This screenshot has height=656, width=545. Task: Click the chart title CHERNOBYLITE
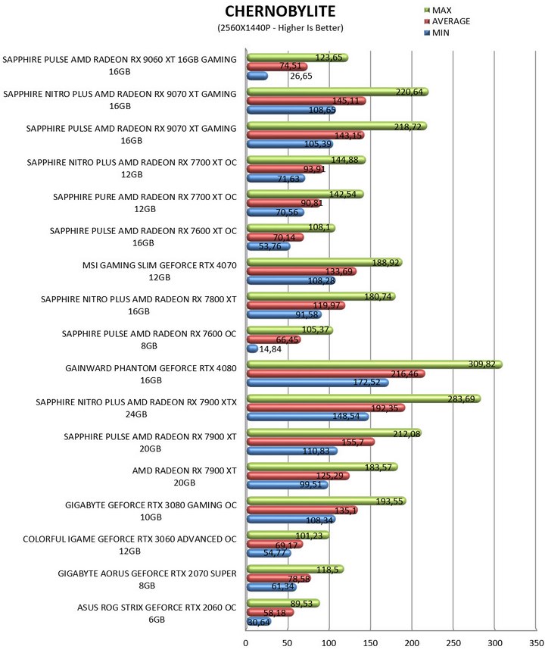(x=280, y=12)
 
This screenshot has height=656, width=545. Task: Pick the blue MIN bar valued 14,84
(x=252, y=348)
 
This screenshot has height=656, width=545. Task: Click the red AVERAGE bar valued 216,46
(x=335, y=374)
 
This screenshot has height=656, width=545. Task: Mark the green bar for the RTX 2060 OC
(x=283, y=603)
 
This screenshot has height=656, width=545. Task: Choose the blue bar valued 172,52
(x=317, y=383)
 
